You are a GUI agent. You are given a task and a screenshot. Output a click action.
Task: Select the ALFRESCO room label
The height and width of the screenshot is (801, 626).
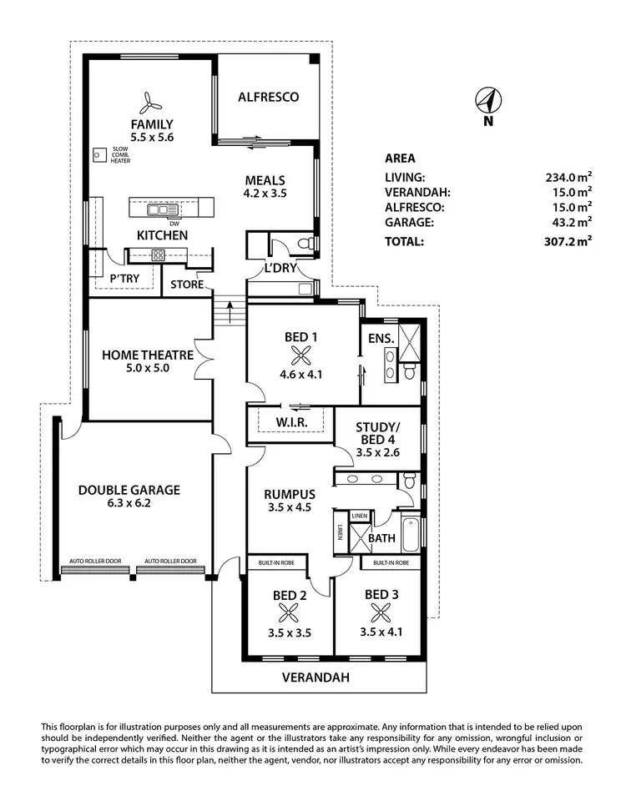pyautogui.click(x=268, y=98)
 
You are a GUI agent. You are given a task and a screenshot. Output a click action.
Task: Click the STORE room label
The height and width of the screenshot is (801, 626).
pyautogui.click(x=186, y=285)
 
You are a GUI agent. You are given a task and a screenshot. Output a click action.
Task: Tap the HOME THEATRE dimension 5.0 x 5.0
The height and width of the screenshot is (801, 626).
pyautogui.click(x=147, y=367)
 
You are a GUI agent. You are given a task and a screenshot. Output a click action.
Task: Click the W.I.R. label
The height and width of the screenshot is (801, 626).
pyautogui.click(x=292, y=423)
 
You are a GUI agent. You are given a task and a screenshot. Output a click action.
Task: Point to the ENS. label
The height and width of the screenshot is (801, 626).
pyautogui.click(x=380, y=340)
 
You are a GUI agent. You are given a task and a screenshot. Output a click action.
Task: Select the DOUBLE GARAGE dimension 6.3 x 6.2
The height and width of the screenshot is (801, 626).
pyautogui.click(x=129, y=504)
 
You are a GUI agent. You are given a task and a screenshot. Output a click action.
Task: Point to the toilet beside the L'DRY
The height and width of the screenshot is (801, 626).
pyautogui.click(x=306, y=244)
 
